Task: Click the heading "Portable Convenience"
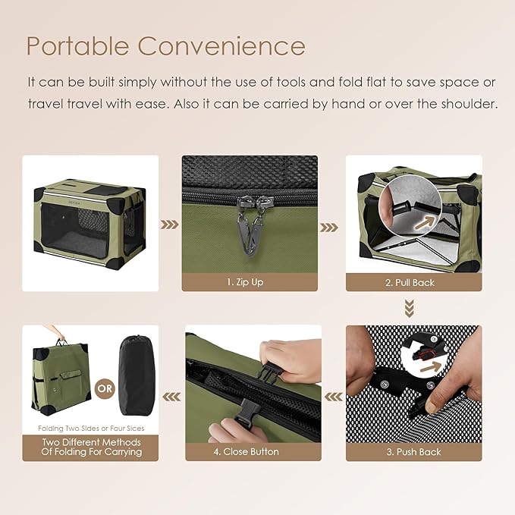coord(165,46)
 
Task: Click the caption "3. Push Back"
coord(414,452)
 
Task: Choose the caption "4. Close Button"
coord(246,452)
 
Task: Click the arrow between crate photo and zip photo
coord(170,225)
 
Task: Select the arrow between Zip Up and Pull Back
coord(329,225)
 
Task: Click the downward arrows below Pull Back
coord(409,307)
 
